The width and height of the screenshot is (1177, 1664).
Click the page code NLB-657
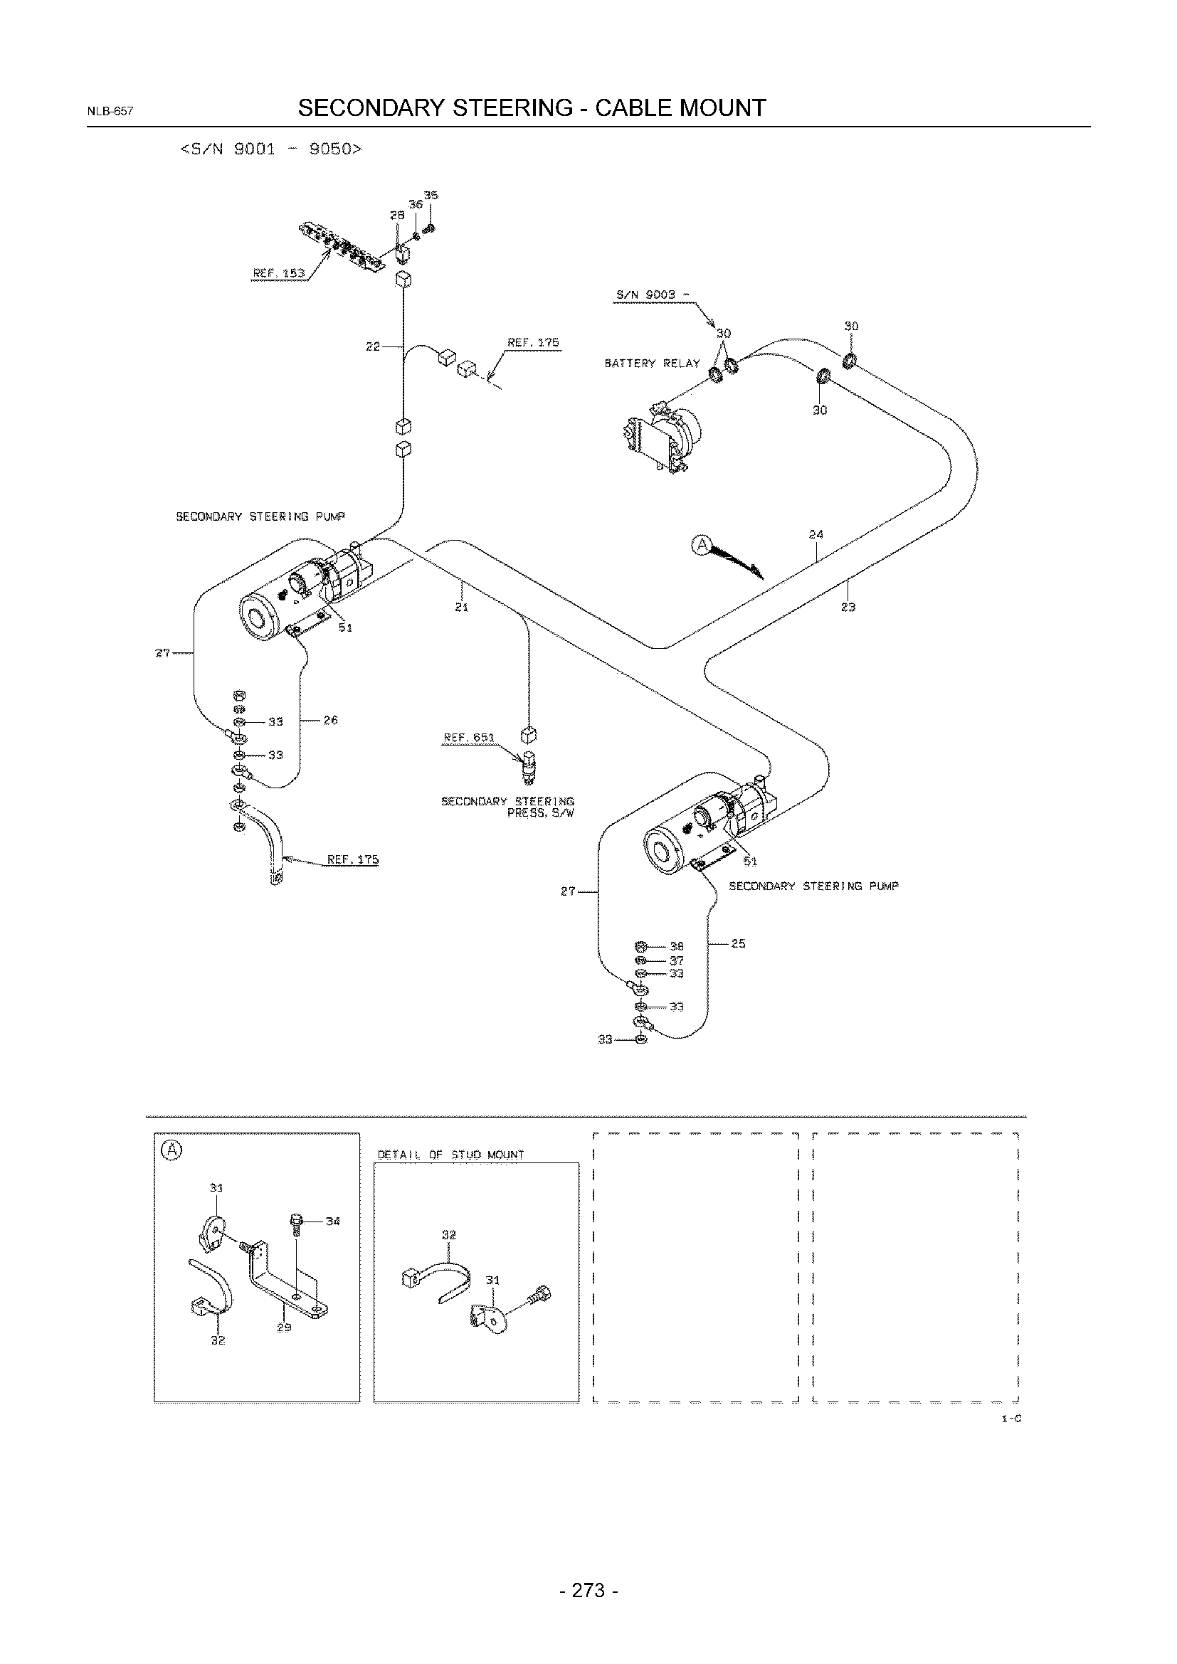tap(110, 112)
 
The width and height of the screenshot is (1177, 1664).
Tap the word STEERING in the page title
tap(512, 108)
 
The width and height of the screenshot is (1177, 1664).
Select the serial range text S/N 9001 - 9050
tap(271, 149)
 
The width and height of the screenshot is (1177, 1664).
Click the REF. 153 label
tap(279, 273)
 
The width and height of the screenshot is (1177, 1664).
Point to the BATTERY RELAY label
tap(653, 363)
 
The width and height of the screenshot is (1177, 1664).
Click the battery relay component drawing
tap(660, 437)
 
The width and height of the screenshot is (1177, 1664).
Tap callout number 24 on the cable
tap(816, 535)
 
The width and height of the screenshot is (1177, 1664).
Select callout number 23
tap(848, 607)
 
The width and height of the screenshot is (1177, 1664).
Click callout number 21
tap(461, 607)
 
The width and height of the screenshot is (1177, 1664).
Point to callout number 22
tap(372, 346)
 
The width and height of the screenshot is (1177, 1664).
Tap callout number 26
tap(330, 720)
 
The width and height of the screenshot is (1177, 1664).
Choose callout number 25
tap(739, 943)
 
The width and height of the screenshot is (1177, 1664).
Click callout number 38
tap(676, 945)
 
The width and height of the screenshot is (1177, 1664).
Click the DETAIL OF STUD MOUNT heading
tap(450, 1155)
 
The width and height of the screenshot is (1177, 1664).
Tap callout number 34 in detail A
tap(332, 1221)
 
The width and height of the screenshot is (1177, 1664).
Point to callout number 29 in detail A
tap(284, 1328)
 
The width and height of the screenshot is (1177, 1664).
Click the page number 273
tap(588, 1590)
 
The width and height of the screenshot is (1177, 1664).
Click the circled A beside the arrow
tap(702, 545)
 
